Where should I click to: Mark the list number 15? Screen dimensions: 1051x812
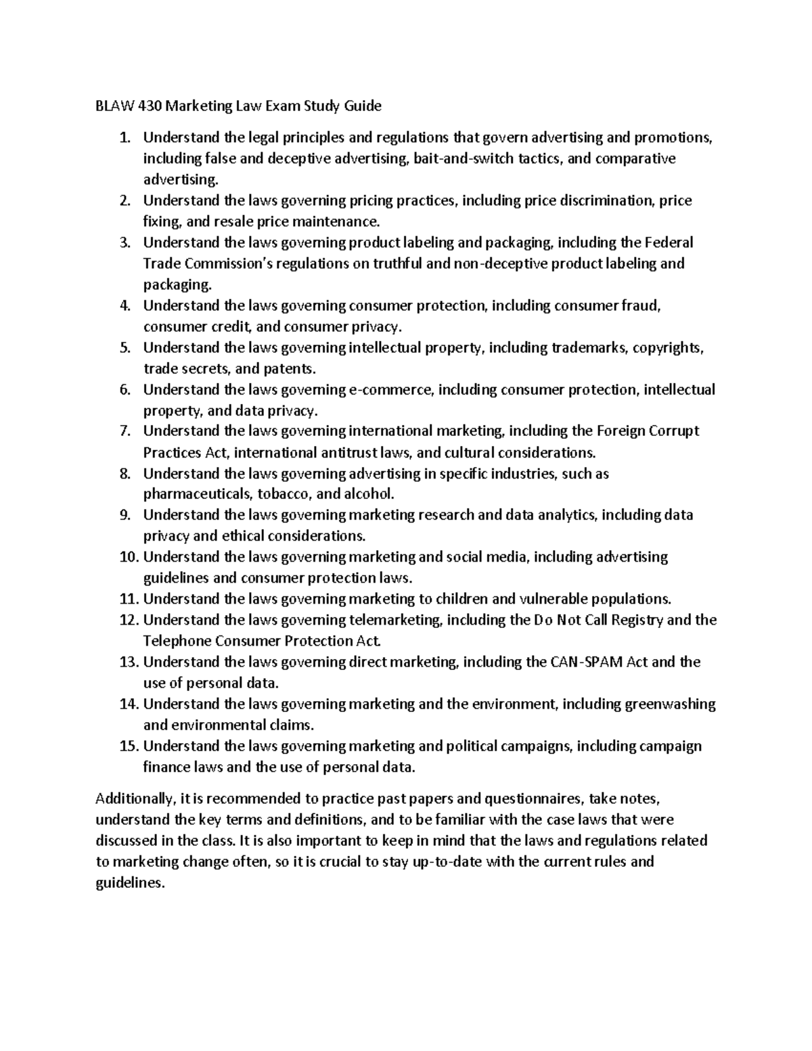[x=128, y=746]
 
